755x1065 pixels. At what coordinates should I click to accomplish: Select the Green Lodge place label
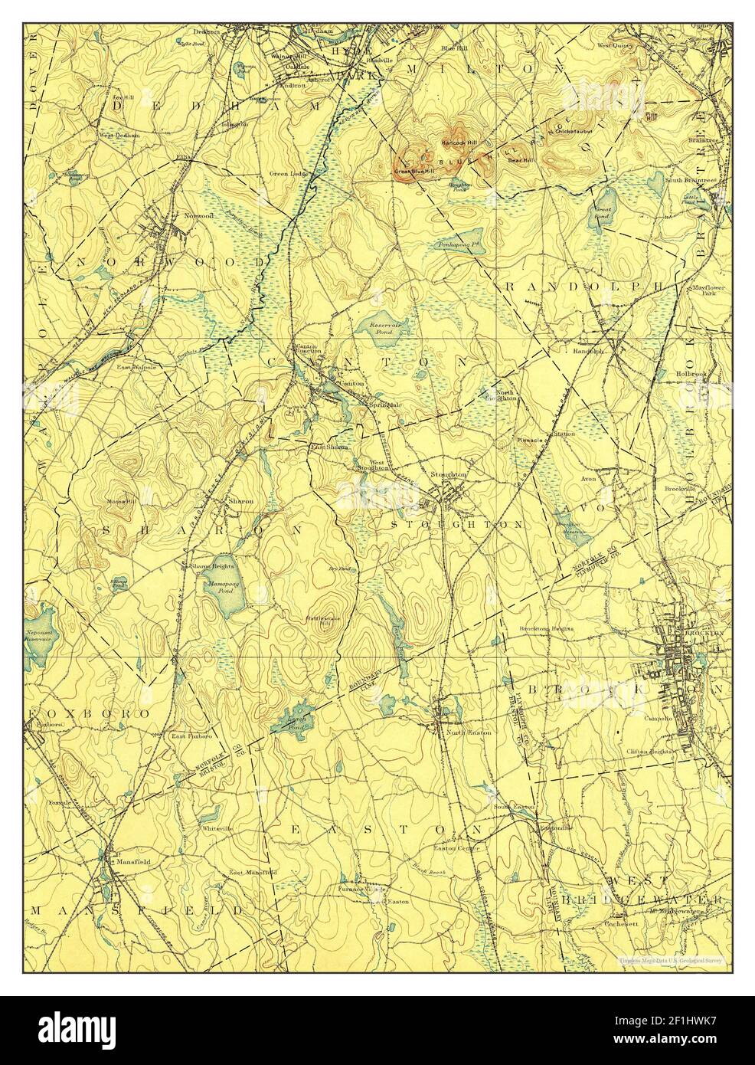coord(289,173)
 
